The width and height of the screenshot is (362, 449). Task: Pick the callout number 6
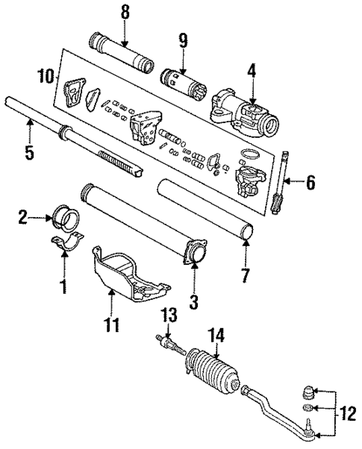point(310,183)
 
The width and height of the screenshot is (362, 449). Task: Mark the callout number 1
point(63,284)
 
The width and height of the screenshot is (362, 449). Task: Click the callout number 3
point(195,301)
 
